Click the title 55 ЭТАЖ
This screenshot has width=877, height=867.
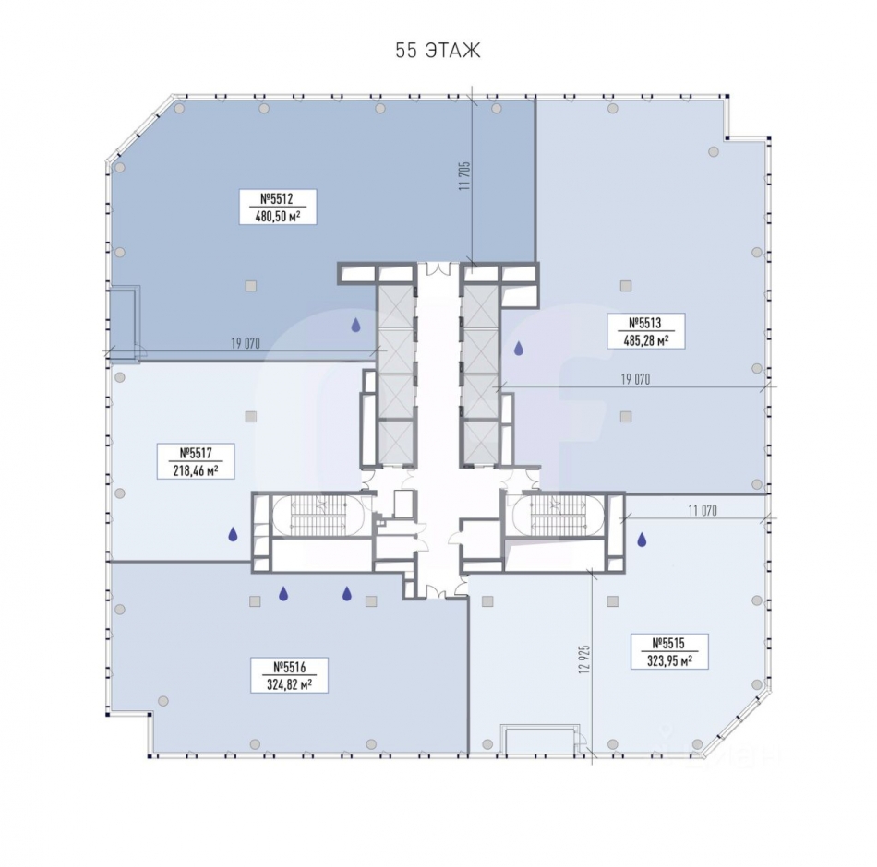(438, 51)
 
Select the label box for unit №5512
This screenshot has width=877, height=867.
(278, 207)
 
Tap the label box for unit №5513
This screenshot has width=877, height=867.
(646, 331)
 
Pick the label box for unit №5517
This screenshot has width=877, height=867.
(196, 461)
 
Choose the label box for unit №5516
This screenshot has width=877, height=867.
(289, 675)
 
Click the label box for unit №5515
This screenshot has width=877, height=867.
(669, 652)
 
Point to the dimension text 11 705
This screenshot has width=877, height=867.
(464, 176)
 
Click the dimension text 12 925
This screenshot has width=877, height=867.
(584, 659)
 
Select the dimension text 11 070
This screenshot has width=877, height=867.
(703, 510)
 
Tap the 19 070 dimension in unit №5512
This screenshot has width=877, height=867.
(246, 343)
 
